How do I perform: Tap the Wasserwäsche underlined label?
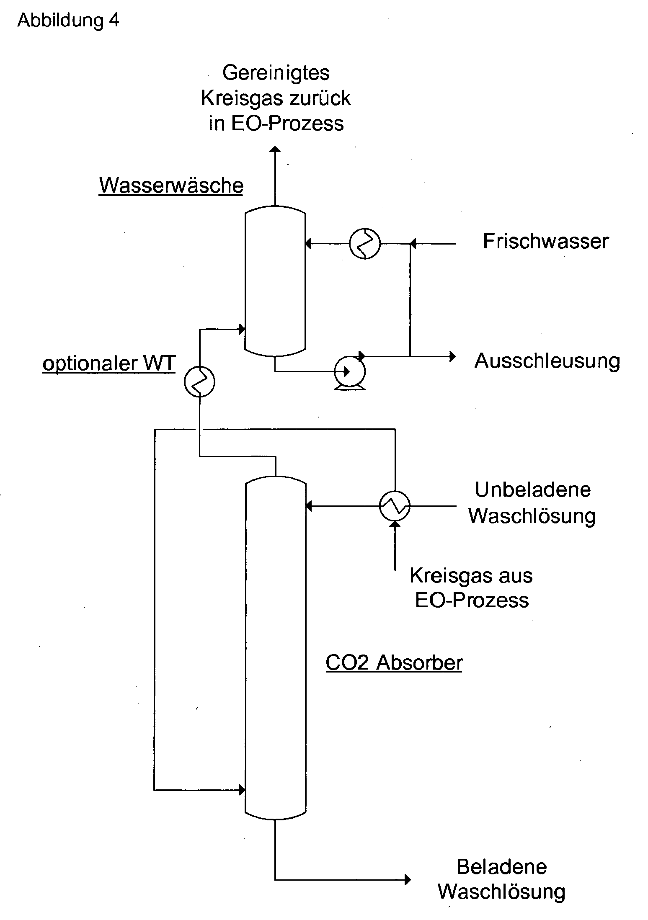tap(171, 185)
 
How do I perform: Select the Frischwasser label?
tap(546, 241)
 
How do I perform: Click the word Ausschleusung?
tap(547, 361)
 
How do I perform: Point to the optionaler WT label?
tap(109, 363)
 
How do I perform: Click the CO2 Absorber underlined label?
tap(394, 662)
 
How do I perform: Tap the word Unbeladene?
tap(533, 490)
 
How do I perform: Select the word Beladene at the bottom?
tap(502, 867)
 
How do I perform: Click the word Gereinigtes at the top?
tap(276, 73)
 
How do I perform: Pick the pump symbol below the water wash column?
tap(350, 371)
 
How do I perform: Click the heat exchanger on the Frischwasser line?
tap(365, 243)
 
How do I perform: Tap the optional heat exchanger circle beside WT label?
tap(200, 381)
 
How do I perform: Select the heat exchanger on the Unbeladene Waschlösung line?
tap(395, 506)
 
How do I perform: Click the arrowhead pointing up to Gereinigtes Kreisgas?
tap(275, 150)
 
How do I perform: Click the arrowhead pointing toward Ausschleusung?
tap(452, 356)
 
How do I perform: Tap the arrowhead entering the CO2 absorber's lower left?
tap(242, 790)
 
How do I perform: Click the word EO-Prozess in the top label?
tap(287, 124)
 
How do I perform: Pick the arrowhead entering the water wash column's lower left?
tap(242, 329)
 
